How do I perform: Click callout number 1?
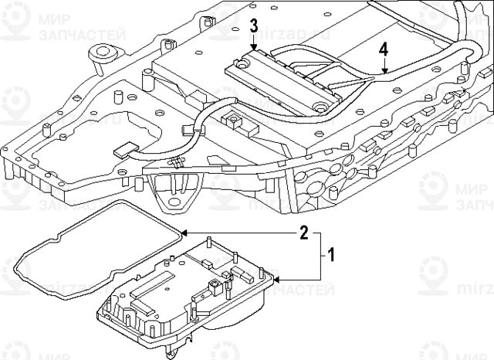[331, 254]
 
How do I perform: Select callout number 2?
[304, 232]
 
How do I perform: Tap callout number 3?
[254, 27]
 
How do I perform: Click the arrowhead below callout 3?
[254, 48]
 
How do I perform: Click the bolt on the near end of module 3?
[319, 105]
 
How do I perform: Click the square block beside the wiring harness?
[230, 120]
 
